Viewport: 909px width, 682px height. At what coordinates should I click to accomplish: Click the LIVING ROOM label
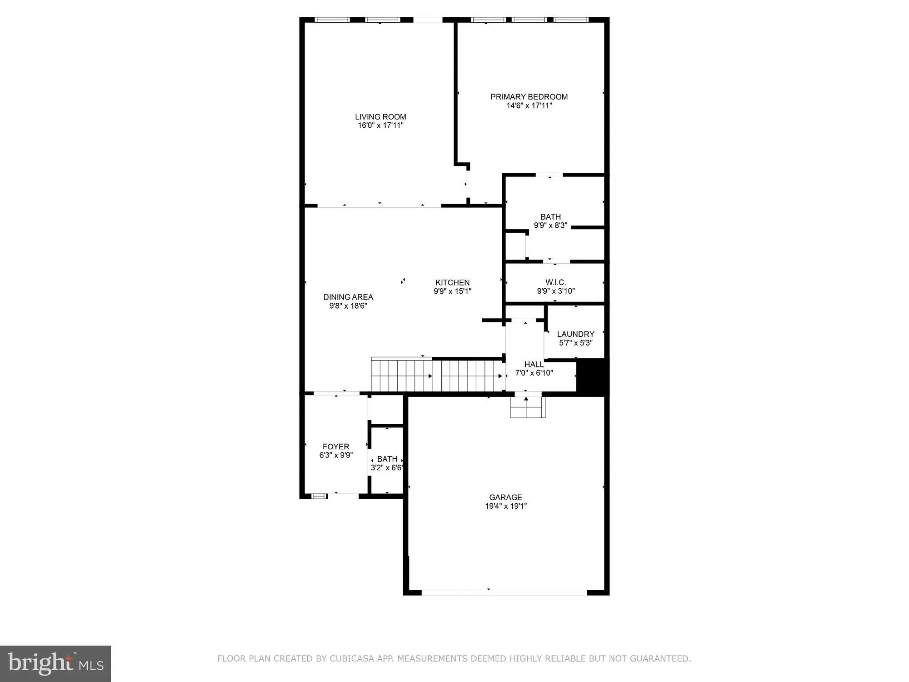(380, 117)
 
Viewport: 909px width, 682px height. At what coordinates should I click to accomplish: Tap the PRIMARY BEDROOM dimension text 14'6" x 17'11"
(529, 105)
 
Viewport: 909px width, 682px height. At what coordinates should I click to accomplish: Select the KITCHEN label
(452, 282)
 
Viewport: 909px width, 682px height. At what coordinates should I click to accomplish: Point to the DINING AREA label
(348, 297)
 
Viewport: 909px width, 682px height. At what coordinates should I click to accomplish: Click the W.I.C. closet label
(555, 282)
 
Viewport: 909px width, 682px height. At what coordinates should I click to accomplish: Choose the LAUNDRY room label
(575, 334)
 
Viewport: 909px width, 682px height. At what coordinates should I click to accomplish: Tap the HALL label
(534, 364)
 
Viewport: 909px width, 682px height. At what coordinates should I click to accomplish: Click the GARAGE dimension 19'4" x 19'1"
(505, 506)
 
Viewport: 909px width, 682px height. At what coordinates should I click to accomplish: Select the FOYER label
(336, 446)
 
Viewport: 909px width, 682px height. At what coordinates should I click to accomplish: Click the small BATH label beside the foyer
(387, 459)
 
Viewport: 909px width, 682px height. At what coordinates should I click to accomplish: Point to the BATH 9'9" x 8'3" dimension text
(550, 225)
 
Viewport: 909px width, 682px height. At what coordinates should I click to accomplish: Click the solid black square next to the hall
(592, 376)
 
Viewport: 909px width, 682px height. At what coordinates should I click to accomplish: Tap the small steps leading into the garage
(527, 407)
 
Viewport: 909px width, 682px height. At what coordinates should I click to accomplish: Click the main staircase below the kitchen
(436, 376)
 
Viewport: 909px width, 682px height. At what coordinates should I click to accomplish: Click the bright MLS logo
(55, 663)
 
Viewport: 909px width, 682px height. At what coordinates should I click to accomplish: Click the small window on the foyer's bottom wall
(319, 496)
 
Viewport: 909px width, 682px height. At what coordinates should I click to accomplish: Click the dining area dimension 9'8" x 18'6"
(348, 306)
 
